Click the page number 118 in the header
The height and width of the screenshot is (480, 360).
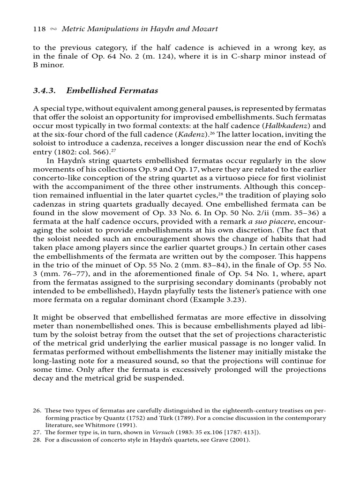[39, 29]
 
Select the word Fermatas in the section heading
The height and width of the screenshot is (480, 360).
[139, 90]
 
